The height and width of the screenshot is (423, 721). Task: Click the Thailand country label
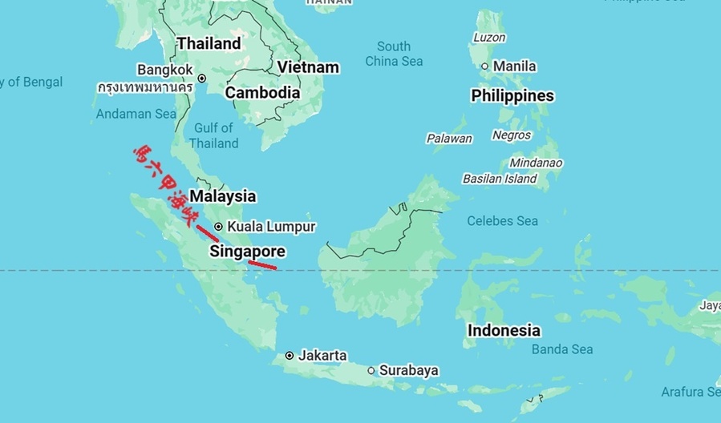pyautogui.click(x=209, y=43)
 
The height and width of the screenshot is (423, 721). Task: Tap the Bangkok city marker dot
pyautogui.click(x=202, y=79)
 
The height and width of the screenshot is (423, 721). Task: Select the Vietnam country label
pyautogui.click(x=308, y=67)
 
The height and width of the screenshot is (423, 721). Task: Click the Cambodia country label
pyautogui.click(x=262, y=93)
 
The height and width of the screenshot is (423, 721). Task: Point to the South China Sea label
pyautogui.click(x=394, y=54)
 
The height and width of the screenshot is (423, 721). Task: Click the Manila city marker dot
pyautogui.click(x=484, y=66)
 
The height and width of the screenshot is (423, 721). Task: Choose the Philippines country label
pyautogui.click(x=512, y=96)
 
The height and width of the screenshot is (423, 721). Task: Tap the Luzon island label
pyautogui.click(x=489, y=38)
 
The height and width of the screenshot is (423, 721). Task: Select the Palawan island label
pyautogui.click(x=449, y=139)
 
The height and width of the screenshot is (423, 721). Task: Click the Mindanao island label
pyautogui.click(x=536, y=163)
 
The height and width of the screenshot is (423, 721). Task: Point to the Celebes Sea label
pyautogui.click(x=502, y=220)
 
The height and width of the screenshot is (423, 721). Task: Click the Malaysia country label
pyautogui.click(x=222, y=196)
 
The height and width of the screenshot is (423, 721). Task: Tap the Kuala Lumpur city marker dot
pyautogui.click(x=218, y=227)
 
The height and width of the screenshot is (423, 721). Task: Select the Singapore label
pyautogui.click(x=247, y=252)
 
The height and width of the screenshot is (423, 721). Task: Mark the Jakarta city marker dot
pyautogui.click(x=290, y=356)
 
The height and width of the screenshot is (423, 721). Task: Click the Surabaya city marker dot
pyautogui.click(x=371, y=371)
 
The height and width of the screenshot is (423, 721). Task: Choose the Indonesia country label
pyautogui.click(x=504, y=330)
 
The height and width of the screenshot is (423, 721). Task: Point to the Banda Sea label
pyautogui.click(x=562, y=349)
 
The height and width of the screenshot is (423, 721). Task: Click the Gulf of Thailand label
pyautogui.click(x=214, y=135)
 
